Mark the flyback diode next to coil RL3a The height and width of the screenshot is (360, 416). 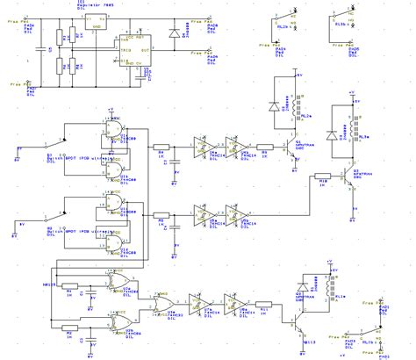(331, 134)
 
